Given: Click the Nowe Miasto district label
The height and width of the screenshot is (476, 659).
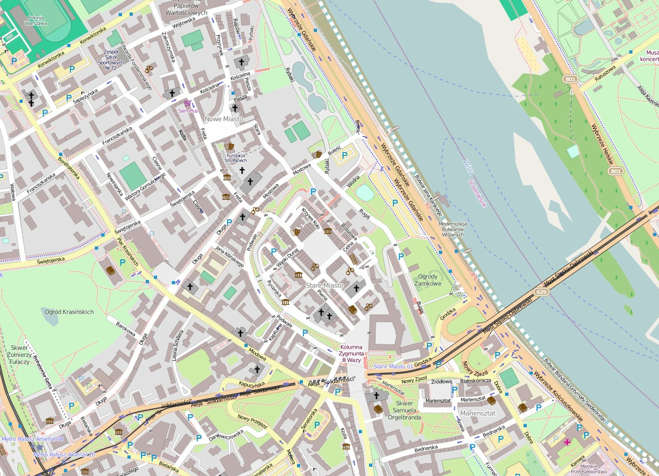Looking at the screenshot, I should pos(223,119).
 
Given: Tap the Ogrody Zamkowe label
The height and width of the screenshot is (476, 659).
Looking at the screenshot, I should pos(428,280).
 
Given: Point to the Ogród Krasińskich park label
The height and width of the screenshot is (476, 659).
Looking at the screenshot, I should pos(69,312).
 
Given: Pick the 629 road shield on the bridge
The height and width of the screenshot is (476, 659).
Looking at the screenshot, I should pos(540,292).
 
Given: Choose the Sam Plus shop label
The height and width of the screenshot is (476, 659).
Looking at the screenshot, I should pos(189,110).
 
